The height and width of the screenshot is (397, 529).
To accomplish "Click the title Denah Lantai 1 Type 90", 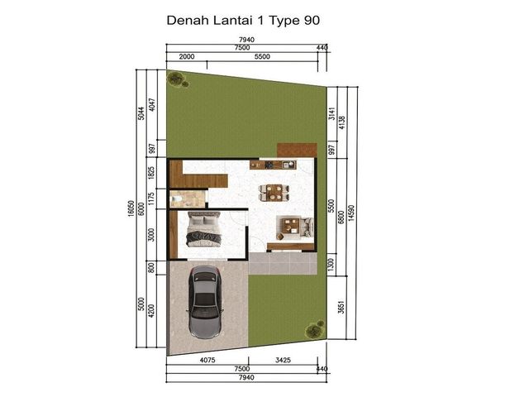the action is coord(243,20).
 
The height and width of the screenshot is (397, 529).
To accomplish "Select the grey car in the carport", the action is coord(205,302).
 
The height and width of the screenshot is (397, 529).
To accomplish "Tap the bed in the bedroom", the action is coord(204,229).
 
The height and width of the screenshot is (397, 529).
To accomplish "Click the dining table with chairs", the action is coord(274,193).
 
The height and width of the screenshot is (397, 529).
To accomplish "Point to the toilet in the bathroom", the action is coord(177,199).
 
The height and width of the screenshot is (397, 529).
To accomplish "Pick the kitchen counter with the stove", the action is coord(273,165).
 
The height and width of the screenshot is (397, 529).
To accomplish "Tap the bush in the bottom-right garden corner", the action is coord(315,330).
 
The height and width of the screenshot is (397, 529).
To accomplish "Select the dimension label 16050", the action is coord(131,208).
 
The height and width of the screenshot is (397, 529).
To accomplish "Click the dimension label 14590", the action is coord(351,213).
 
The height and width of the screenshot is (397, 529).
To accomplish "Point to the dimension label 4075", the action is coord(207,360).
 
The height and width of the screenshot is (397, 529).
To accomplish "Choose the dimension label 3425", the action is coord(283,360).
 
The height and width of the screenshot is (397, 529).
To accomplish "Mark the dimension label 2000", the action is coord(187,56).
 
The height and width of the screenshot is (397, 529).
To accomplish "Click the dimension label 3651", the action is coord(341,307).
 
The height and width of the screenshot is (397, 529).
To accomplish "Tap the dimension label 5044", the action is coord(141,113).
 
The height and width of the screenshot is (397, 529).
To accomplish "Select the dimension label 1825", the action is coord(151,173).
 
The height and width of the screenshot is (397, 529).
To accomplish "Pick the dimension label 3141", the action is coord(332,114).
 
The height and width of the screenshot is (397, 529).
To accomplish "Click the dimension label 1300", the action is coord(331,265).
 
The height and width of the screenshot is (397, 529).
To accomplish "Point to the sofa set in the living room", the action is coord(295,227).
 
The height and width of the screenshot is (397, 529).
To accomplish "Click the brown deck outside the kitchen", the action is coord(297,151).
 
